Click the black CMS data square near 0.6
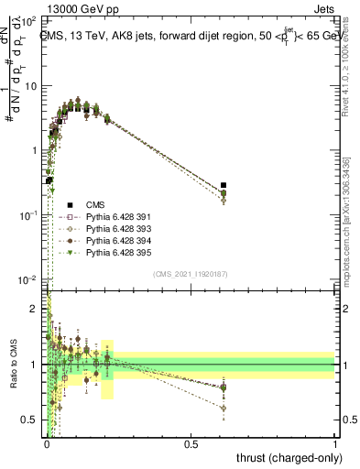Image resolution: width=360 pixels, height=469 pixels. pyautogui.click(x=224, y=185)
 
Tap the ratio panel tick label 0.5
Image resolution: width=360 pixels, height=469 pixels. pyautogui.click(x=32, y=420)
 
